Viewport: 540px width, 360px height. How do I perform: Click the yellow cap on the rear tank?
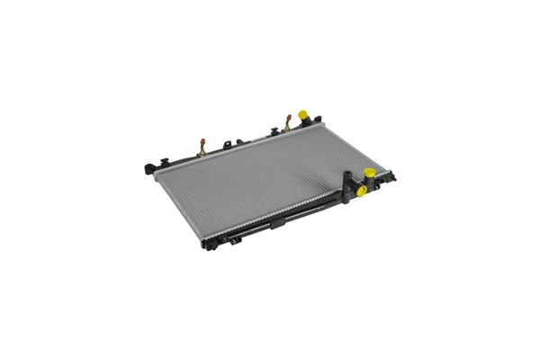coord(303,114)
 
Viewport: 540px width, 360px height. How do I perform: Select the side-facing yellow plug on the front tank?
coord(361,190)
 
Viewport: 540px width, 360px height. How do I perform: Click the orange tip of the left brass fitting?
coord(202,139)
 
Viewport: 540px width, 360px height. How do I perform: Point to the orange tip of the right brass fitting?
coord(288,116)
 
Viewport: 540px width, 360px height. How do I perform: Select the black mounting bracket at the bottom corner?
coord(209,244)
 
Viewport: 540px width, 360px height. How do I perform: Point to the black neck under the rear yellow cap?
coord(304,123)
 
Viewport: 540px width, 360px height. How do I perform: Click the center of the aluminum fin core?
coord(261,180)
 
